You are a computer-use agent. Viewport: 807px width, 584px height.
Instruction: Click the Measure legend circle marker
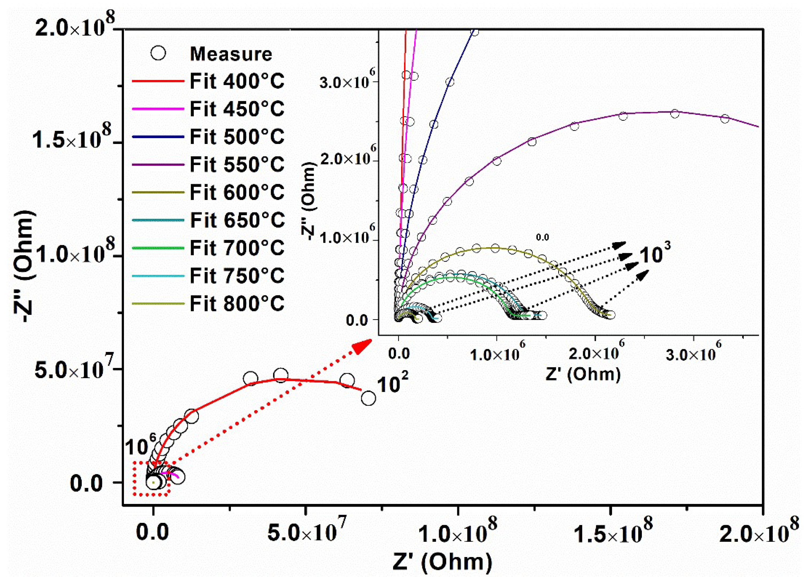(x=158, y=54)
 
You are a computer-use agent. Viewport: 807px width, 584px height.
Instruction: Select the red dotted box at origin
(x=151, y=478)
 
